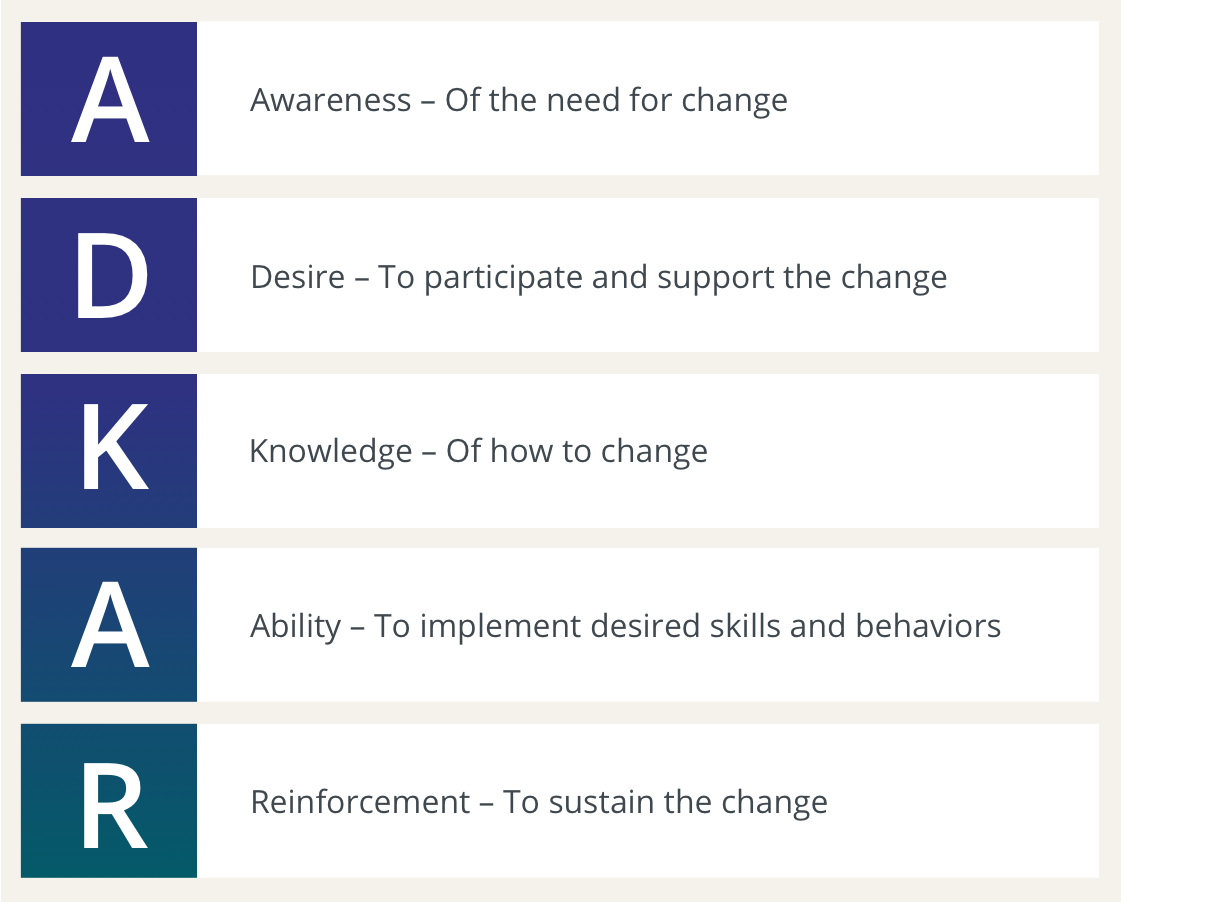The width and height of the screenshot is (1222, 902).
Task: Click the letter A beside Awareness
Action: [109, 99]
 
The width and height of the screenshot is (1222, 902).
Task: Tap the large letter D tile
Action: [109, 275]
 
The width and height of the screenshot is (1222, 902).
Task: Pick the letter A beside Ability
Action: [109, 625]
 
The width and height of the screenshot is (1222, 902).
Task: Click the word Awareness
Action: [331, 100]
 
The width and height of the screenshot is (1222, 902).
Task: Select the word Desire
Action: [296, 276]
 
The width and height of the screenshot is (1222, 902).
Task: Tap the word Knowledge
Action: [330, 452]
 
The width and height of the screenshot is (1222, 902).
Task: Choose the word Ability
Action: [296, 626]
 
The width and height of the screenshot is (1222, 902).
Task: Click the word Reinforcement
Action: [360, 802]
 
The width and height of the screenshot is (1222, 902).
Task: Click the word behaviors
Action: [928, 626]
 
